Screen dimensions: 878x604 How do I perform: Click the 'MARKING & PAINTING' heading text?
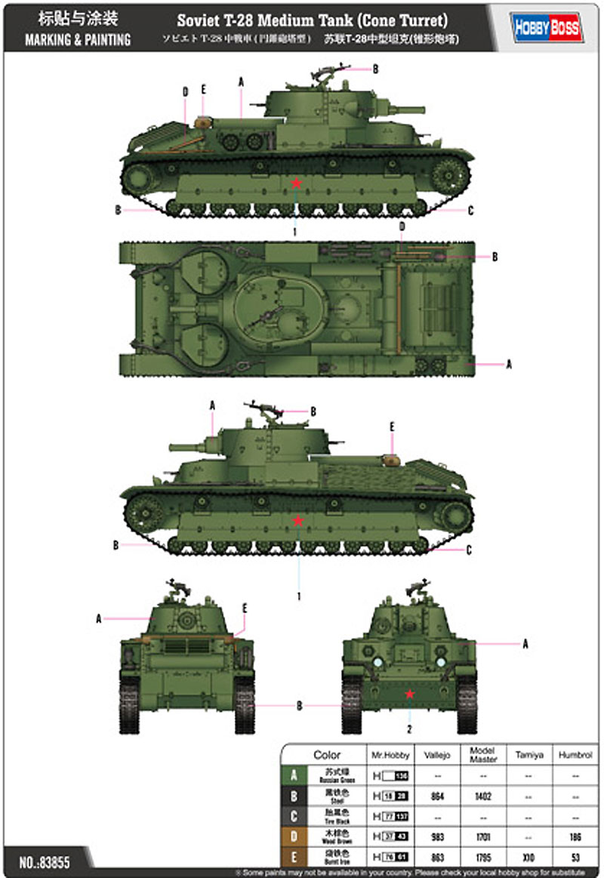point(78,40)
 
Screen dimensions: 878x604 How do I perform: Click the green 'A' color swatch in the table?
point(294,775)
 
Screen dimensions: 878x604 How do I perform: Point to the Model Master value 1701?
point(482,836)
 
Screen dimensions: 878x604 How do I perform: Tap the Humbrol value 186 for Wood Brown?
point(576,836)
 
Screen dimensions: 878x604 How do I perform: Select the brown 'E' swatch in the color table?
point(294,857)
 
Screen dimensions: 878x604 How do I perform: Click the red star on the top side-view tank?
point(297,183)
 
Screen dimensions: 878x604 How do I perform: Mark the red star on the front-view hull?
point(410,694)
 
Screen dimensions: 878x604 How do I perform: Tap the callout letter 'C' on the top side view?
point(471,211)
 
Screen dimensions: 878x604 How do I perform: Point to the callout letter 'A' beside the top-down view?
point(509,364)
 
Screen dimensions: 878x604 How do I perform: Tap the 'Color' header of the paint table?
point(327,754)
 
